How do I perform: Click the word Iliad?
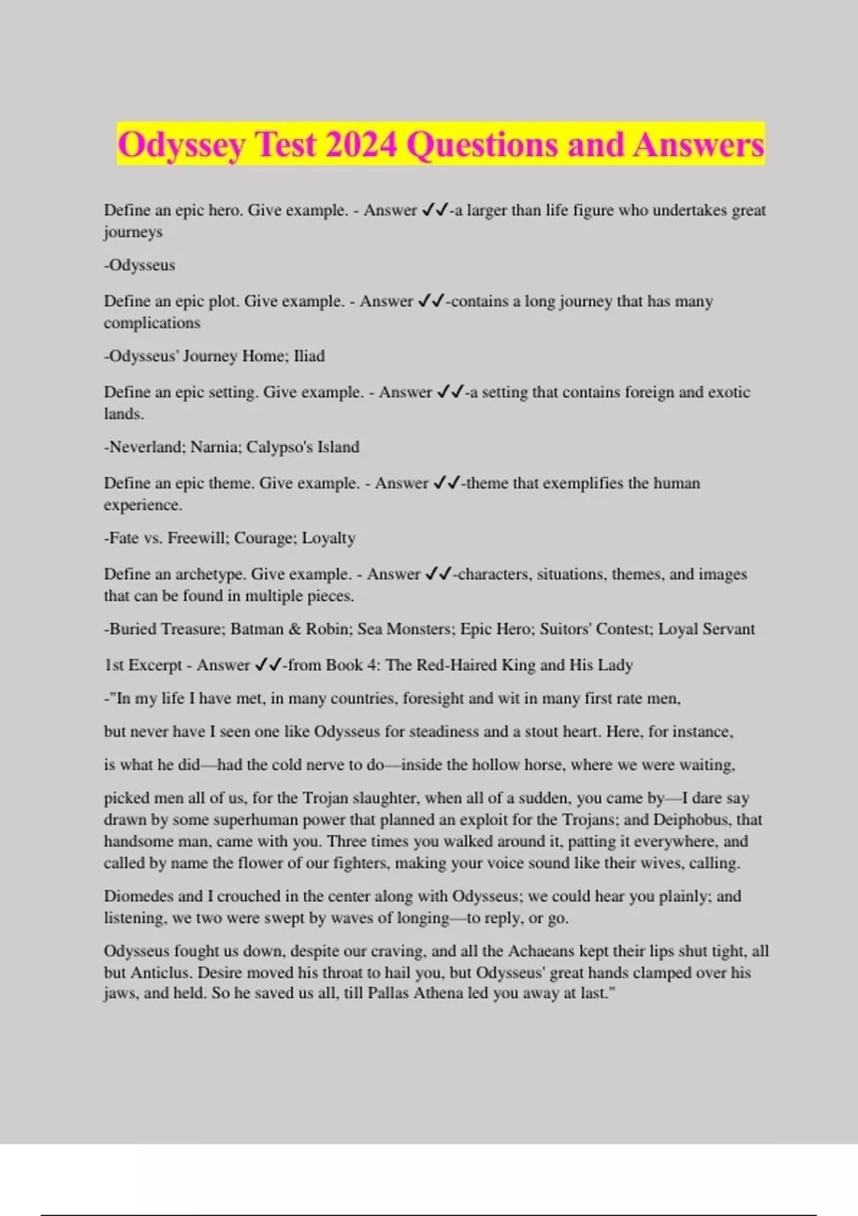(309, 356)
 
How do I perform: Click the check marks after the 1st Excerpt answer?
(268, 665)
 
